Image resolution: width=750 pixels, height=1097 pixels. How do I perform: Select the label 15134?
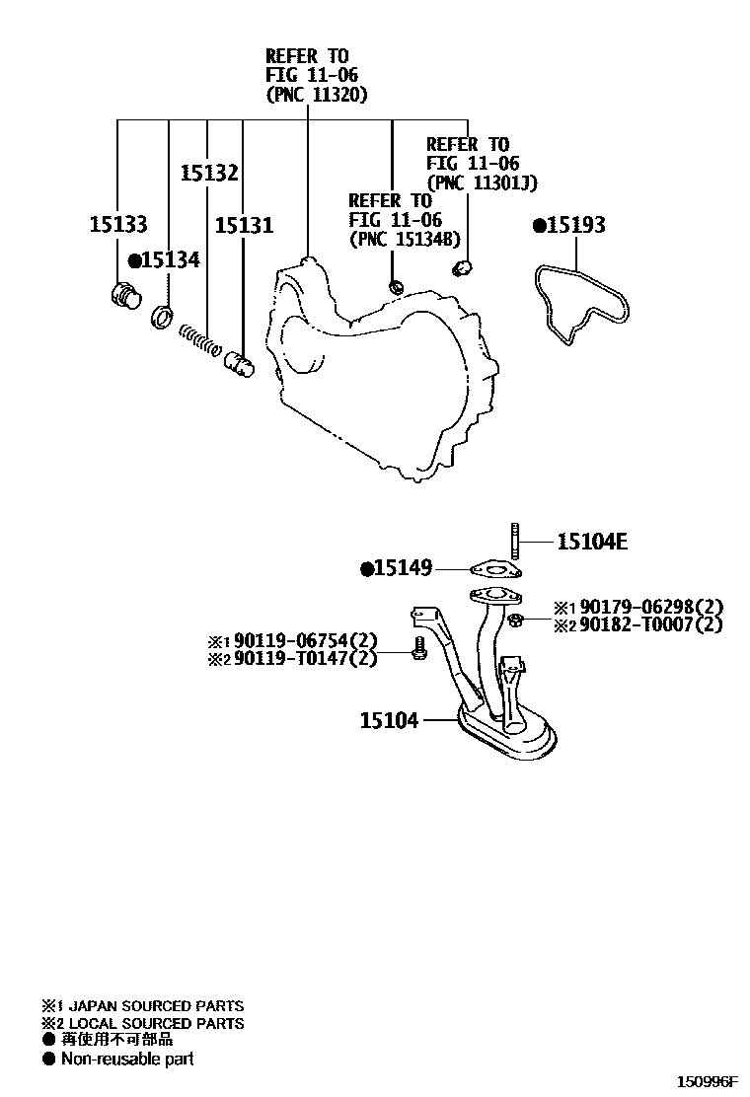click(170, 260)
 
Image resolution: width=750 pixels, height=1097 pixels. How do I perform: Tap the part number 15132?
click(208, 174)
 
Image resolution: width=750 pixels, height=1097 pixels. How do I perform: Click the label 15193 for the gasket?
click(575, 225)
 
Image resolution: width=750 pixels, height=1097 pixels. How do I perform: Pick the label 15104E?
click(592, 541)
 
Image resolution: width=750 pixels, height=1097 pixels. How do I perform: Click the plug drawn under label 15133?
click(123, 295)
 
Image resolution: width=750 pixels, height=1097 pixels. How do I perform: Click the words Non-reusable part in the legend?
click(127, 1059)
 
